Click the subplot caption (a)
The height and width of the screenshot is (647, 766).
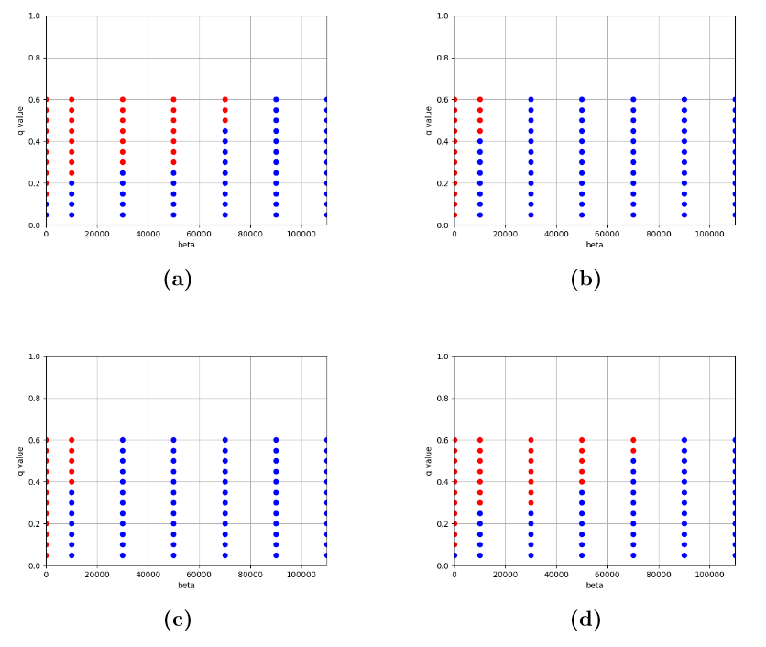point(177,280)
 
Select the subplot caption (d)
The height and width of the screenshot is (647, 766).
point(585,620)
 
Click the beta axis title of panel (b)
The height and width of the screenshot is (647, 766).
point(595,245)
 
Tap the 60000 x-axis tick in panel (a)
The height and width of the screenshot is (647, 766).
point(199,234)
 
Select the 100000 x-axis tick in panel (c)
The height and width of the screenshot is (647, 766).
point(301,575)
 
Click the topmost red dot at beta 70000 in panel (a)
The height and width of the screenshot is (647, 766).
point(224,99)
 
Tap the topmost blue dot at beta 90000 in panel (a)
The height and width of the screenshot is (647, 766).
point(276,99)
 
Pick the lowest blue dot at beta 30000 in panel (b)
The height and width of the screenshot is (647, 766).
point(531,214)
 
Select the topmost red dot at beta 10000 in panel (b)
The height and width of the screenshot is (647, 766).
point(479,99)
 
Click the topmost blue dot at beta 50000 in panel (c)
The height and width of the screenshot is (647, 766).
point(173,440)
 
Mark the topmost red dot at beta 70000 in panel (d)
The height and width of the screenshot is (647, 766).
point(633,440)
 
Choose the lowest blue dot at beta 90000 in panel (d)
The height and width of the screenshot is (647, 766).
point(684,555)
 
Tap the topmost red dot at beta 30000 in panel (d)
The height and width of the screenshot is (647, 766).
point(531,440)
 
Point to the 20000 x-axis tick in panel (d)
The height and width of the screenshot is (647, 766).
point(505,575)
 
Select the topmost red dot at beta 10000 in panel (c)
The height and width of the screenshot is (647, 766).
point(71,440)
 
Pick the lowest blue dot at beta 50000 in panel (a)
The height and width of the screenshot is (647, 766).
point(173,214)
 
